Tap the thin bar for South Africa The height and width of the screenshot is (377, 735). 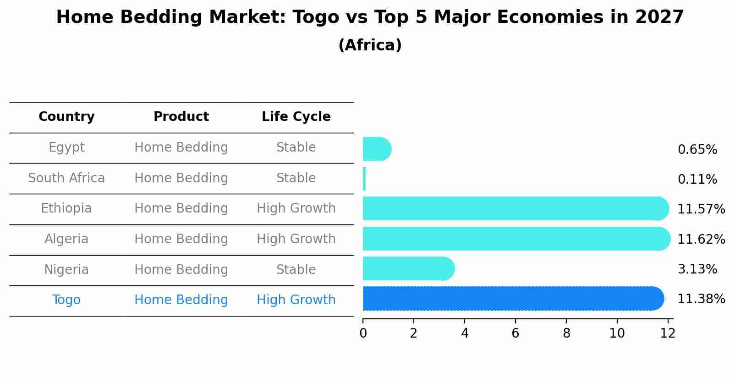(x=364, y=179)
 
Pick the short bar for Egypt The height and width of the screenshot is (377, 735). (x=376, y=149)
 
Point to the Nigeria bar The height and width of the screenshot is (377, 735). (x=408, y=268)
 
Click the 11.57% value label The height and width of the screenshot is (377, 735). (x=701, y=209)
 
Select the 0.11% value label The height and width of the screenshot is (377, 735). (x=697, y=180)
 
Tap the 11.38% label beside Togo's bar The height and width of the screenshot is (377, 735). (x=701, y=299)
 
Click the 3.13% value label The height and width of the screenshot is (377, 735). (x=697, y=269)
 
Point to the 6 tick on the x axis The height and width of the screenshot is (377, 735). (x=516, y=333)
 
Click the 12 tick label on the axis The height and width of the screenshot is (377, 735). (x=668, y=333)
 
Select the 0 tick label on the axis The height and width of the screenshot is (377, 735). (x=363, y=333)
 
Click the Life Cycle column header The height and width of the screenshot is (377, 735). (x=296, y=117)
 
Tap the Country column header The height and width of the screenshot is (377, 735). (x=66, y=117)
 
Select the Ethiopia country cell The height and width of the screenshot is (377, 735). (x=66, y=208)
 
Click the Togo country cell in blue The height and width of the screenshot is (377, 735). (x=66, y=300)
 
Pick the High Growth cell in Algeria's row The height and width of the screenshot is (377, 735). (x=296, y=239)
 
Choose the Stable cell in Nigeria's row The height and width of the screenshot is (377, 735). (x=296, y=269)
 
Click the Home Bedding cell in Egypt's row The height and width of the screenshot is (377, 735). (x=181, y=148)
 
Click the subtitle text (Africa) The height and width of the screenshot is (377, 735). (x=370, y=45)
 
